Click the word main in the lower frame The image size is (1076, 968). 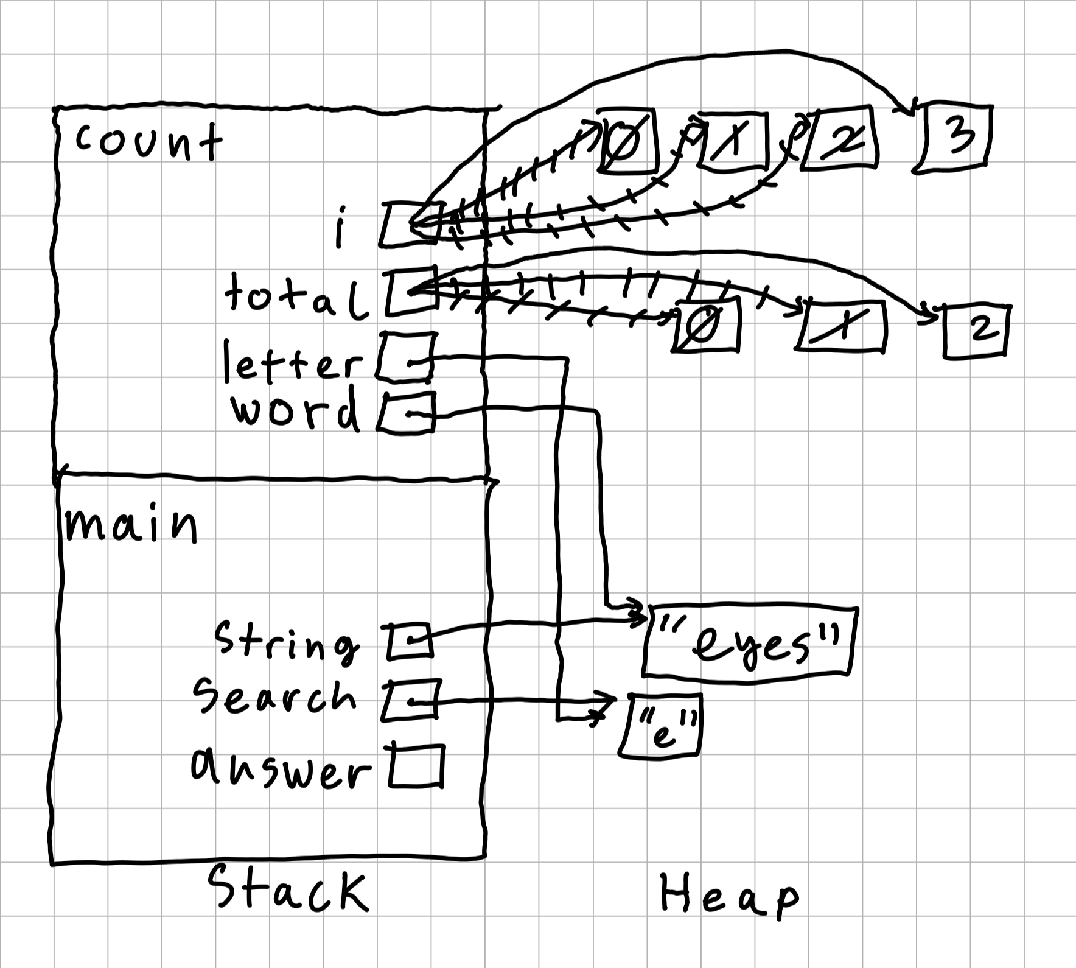131,525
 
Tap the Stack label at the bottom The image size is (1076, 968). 288,890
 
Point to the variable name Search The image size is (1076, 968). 274,697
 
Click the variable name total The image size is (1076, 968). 296,296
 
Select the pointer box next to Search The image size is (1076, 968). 411,700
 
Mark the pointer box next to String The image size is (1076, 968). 410,641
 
